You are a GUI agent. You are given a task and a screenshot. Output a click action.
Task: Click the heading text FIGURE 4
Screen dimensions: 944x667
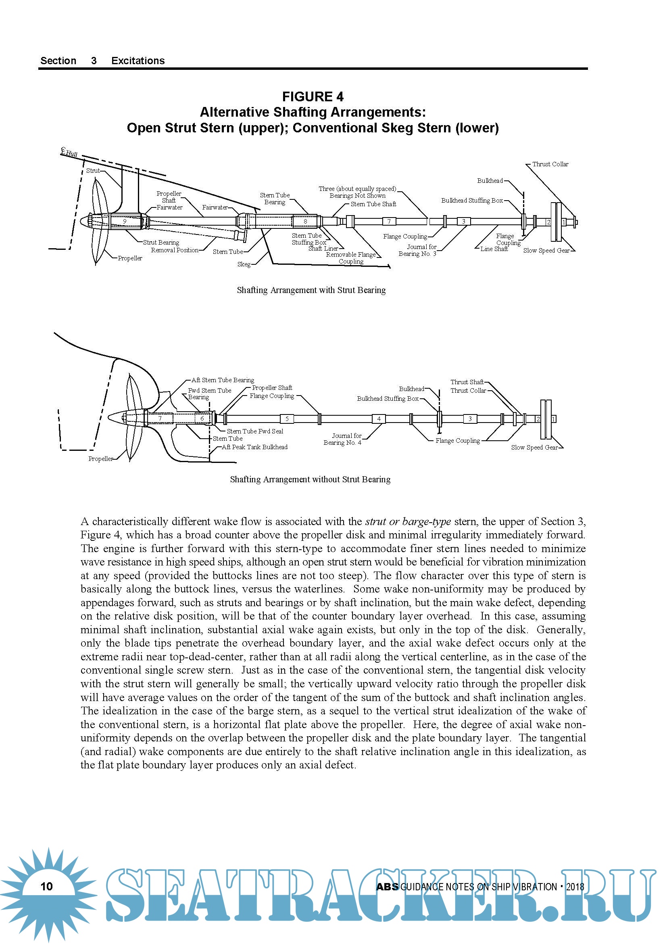tap(313, 96)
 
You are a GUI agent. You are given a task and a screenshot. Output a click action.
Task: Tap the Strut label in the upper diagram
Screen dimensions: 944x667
tap(93, 171)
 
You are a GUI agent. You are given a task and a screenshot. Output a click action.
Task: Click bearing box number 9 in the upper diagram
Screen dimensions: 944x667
tap(125, 221)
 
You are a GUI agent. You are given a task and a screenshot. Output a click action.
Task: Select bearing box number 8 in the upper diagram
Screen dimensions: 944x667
tap(305, 221)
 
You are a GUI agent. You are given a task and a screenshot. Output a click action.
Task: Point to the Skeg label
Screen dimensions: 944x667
tap(244, 264)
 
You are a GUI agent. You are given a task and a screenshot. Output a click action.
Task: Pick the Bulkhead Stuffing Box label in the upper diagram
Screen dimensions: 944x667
tap(472, 201)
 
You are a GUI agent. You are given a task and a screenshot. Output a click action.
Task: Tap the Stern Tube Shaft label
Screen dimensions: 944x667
tap(373, 204)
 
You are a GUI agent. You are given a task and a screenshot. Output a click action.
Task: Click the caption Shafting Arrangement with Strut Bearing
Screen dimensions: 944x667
tap(311, 290)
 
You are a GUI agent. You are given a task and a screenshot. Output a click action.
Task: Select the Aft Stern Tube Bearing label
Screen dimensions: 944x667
tap(223, 380)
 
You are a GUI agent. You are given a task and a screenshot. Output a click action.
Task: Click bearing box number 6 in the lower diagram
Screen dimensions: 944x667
tap(202, 419)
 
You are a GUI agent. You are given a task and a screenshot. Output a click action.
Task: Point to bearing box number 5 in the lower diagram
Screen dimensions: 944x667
tap(287, 419)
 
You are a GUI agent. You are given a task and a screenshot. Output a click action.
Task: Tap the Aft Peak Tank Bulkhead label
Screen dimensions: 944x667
tap(254, 447)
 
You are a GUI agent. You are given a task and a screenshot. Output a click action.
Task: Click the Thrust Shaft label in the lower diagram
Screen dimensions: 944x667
tap(467, 382)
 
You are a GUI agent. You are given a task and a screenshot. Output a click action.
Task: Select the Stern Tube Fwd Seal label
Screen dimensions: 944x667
tap(255, 431)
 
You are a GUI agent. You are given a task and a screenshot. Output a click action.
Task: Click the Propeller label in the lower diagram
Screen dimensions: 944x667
tap(101, 459)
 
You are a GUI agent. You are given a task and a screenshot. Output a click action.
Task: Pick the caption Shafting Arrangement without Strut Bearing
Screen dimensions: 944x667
tap(310, 479)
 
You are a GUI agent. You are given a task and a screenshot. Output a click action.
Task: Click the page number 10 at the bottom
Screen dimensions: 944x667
tap(47, 886)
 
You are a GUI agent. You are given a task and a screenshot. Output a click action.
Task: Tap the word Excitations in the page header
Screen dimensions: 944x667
tap(138, 61)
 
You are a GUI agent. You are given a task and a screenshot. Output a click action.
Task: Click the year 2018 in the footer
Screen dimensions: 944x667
tap(575, 887)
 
